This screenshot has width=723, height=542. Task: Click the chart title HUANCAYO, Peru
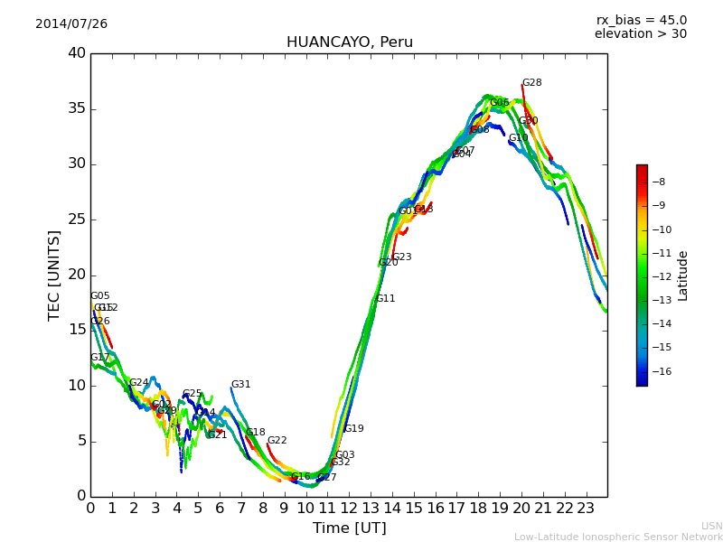[349, 42]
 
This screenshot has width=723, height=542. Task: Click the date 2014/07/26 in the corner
[71, 24]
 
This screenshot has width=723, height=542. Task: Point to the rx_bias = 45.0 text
[641, 21]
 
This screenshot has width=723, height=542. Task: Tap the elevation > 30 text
[640, 34]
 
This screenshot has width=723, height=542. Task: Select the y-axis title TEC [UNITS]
[55, 275]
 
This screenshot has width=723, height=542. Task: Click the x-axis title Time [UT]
[349, 528]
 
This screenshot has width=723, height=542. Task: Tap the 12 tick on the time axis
[348, 508]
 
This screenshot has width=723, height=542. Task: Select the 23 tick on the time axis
[586, 508]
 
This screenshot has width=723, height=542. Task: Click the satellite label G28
[531, 83]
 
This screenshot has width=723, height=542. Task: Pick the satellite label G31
[240, 385]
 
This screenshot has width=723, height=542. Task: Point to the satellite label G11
[385, 299]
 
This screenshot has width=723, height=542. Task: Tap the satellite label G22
[277, 441]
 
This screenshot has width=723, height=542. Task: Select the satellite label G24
[138, 383]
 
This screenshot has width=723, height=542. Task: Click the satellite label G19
[353, 429]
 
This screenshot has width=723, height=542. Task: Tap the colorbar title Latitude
[683, 276]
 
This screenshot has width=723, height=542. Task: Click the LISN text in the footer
[711, 526]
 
